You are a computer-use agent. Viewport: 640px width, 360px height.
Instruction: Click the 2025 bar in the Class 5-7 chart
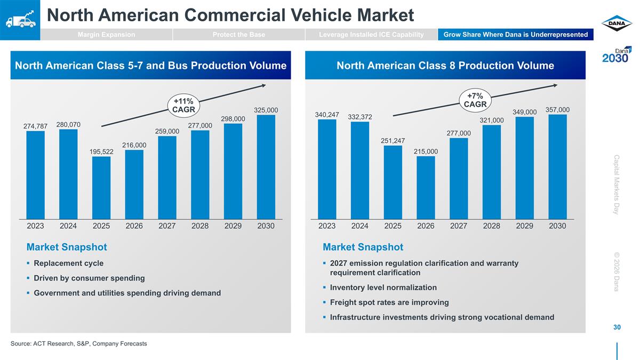[x=101, y=187]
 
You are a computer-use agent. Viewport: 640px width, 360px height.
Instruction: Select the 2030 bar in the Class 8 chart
[x=557, y=166]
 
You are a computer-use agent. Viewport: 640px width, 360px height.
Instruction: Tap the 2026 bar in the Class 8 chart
[x=426, y=187]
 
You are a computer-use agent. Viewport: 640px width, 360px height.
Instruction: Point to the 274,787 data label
[x=35, y=126]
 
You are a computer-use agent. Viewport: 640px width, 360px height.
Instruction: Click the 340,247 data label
[x=327, y=114]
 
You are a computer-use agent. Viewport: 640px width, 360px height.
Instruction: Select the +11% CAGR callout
[x=183, y=105]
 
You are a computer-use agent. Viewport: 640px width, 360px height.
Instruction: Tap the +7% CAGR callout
[x=475, y=100]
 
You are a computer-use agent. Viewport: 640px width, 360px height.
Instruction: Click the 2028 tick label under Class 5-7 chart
[x=200, y=226]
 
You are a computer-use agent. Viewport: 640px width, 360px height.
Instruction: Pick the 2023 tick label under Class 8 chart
[x=327, y=226]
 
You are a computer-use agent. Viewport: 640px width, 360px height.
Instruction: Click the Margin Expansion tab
[x=106, y=35]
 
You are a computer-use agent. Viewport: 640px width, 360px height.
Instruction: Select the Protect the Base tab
[x=238, y=35]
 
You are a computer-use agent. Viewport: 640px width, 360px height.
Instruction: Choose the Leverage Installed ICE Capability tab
[x=371, y=35]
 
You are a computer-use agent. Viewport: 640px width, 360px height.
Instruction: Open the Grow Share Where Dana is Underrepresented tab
[x=515, y=35]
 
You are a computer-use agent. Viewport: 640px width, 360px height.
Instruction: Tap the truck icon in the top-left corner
[x=20, y=20]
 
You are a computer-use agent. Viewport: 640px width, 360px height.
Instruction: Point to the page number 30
[x=617, y=327]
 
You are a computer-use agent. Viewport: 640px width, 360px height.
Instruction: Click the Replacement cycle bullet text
[x=68, y=263]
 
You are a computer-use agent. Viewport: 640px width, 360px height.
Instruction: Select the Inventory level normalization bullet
[x=383, y=287]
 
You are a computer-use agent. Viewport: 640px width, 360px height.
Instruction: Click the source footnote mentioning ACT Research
[x=78, y=343]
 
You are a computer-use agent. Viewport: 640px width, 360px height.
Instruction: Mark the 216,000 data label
[x=134, y=145]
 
